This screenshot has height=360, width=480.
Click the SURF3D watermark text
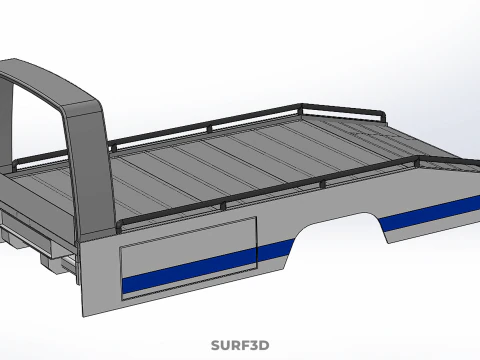[x=240, y=345]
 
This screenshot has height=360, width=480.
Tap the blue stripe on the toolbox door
[x=189, y=271]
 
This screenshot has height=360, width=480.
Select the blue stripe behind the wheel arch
[x=430, y=214]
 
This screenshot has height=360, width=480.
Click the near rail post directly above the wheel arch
[x=322, y=184]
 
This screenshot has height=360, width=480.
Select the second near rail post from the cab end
[x=223, y=206]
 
